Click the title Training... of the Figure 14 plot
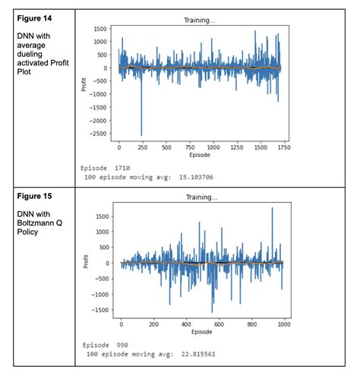[201, 21]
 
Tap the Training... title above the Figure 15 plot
[201, 197]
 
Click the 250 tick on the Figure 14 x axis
[142, 147]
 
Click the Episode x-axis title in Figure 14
[201, 155]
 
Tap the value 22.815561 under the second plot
[228, 354]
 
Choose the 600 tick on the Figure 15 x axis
[219, 324]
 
